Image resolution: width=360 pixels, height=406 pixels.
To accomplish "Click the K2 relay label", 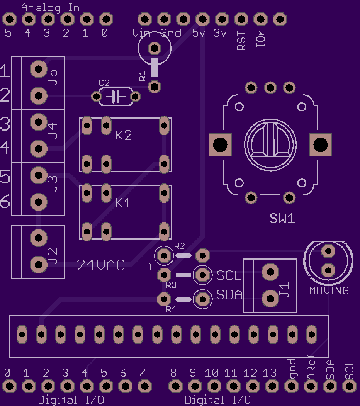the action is (x=123, y=135).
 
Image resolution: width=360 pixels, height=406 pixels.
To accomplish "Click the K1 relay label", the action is (x=123, y=203).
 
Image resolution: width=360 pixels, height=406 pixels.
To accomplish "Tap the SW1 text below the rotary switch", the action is (x=282, y=218).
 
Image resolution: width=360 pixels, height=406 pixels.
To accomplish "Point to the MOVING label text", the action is (x=329, y=290).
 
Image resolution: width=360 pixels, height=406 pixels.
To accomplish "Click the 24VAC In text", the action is (x=114, y=265).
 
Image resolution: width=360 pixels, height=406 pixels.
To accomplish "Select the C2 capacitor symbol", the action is (x=116, y=97).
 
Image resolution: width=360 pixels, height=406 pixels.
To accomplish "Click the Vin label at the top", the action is (x=141, y=33).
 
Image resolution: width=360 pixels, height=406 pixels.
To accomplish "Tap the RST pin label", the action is (x=241, y=41).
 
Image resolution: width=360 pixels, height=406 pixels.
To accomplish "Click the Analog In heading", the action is (x=50, y=8).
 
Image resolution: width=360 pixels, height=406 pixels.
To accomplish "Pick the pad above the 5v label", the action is (x=202, y=19).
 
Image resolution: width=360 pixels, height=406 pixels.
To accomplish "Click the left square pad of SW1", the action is (x=220, y=145).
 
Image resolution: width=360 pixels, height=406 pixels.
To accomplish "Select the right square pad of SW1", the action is (x=321, y=145).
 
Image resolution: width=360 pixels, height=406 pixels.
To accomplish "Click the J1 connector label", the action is (x=284, y=290).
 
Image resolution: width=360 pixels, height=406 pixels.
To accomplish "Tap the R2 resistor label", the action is (x=180, y=246).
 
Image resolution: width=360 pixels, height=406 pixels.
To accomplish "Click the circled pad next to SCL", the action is (x=202, y=275).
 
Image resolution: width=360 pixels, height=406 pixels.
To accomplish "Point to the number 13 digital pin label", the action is (x=270, y=373).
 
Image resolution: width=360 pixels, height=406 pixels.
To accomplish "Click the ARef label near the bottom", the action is (x=311, y=367).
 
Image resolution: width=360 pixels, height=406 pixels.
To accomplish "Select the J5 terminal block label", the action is (x=53, y=77).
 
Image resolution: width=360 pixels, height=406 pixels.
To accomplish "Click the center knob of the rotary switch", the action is (x=270, y=145).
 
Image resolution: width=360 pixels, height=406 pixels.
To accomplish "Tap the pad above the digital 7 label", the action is (x=144, y=386).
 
